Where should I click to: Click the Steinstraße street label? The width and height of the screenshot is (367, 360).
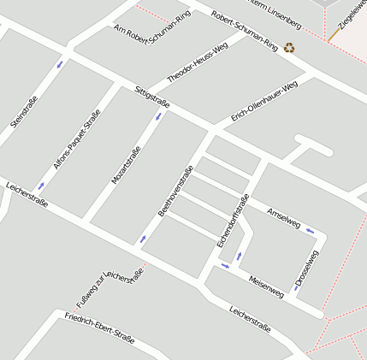tap(19, 112)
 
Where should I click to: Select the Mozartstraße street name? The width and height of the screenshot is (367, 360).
tap(126, 166)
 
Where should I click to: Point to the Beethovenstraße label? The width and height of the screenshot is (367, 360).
tap(176, 188)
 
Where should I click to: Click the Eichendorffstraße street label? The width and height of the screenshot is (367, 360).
tap(233, 221)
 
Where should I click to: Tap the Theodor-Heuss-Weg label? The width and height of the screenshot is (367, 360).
tap(198, 62)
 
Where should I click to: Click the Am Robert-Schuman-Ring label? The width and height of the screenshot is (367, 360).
tap(152, 24)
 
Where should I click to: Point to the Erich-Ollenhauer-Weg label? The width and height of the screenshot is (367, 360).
tap(264, 103)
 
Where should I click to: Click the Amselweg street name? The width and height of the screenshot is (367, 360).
tap(284, 217)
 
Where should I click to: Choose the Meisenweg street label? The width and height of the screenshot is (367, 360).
tap(265, 286)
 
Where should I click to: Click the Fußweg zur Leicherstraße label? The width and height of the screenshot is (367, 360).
tap(110, 286)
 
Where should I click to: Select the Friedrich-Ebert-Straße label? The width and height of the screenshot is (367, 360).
tap(99, 328)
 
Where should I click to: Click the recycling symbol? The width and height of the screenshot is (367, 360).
tap(289, 48)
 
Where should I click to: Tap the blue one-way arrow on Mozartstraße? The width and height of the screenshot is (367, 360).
tap(157, 116)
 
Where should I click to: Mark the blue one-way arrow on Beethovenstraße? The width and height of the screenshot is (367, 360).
tap(142, 239)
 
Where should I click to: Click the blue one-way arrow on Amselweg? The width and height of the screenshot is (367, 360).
tap(310, 230)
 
